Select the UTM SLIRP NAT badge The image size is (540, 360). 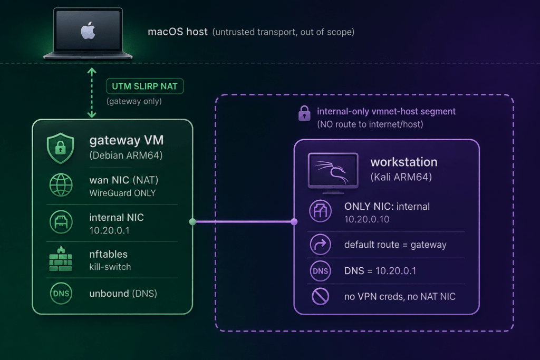pyautogui.click(x=144, y=86)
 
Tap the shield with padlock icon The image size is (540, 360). pyautogui.click(x=61, y=148)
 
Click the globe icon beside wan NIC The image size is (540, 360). pyautogui.click(x=61, y=185)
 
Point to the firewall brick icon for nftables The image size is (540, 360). pyautogui.click(x=61, y=259)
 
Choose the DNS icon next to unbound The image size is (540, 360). pyautogui.click(x=61, y=293)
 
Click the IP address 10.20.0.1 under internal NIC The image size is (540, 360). pyautogui.click(x=109, y=230)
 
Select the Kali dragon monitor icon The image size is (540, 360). pyautogui.click(x=333, y=172)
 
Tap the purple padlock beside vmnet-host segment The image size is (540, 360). pyautogui.click(x=304, y=113)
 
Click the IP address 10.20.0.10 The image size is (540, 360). pyautogui.click(x=367, y=219)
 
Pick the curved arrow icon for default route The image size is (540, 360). pyautogui.click(x=320, y=245)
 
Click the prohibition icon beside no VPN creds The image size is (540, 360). pyautogui.click(x=320, y=296)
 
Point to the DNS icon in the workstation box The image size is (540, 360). pyautogui.click(x=320, y=271)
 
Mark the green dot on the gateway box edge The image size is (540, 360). pyautogui.click(x=192, y=222)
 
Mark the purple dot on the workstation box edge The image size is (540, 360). pyautogui.click(x=294, y=222)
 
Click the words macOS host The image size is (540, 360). pyautogui.click(x=178, y=32)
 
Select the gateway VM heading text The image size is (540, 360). pyautogui.click(x=127, y=140)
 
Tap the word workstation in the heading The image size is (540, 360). pyautogui.click(x=404, y=162)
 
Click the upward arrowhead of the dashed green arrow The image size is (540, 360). pyautogui.click(x=92, y=71)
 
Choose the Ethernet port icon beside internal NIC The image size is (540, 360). pyautogui.click(x=61, y=222)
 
